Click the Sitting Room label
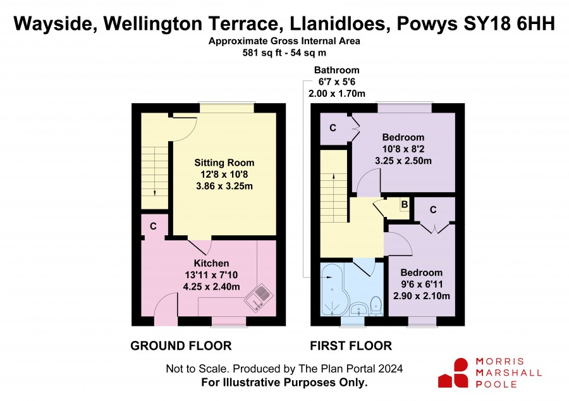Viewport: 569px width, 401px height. [224, 163]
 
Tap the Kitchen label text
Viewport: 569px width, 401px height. [211, 263]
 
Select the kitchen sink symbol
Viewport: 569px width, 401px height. [258, 297]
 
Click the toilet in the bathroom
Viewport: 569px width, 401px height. [376, 305]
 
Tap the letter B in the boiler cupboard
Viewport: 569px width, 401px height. [404, 205]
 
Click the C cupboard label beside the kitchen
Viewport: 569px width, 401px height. [153, 226]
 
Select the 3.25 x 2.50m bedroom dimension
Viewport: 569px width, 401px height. [403, 161]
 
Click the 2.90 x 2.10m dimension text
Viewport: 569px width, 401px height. [421, 296]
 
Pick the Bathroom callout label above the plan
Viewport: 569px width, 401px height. [337, 70]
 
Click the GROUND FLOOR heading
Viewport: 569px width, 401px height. [181, 346]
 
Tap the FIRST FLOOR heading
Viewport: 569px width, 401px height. [351, 346]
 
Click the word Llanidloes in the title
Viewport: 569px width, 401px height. [337, 24]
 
